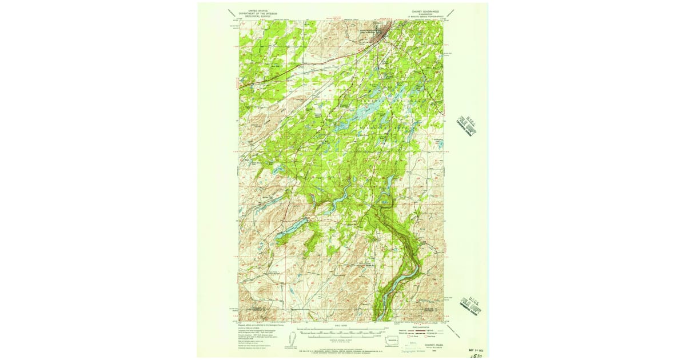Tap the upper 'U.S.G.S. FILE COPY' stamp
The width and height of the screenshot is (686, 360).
click(x=466, y=125)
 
